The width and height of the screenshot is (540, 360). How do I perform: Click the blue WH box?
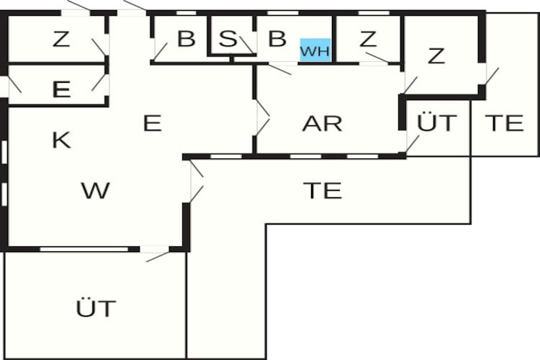(315, 50)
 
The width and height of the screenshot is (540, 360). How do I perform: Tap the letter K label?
(61, 140)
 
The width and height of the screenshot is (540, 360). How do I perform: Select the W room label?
(95, 190)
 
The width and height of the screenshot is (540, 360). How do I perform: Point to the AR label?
(322, 123)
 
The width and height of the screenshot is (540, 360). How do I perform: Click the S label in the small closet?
(228, 39)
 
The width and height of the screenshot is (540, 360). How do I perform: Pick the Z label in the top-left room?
(61, 39)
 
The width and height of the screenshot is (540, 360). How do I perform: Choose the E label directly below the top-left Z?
(61, 89)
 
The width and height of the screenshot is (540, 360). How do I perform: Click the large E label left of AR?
(152, 123)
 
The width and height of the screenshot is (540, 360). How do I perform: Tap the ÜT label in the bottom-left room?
(96, 308)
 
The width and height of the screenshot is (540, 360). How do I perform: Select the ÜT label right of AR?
(437, 122)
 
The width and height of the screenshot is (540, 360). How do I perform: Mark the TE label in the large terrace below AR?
(323, 191)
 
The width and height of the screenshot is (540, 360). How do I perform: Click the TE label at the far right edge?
(504, 123)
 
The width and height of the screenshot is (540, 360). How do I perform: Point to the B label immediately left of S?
(186, 39)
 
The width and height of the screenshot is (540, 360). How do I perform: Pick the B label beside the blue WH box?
(277, 39)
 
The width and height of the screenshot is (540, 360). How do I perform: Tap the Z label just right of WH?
(368, 39)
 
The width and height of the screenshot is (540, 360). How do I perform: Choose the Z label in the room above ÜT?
(436, 56)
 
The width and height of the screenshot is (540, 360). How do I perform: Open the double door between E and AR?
(262, 117)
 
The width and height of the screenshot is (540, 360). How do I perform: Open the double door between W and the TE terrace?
(197, 181)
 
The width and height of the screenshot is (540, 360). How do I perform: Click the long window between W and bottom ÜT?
(84, 249)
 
